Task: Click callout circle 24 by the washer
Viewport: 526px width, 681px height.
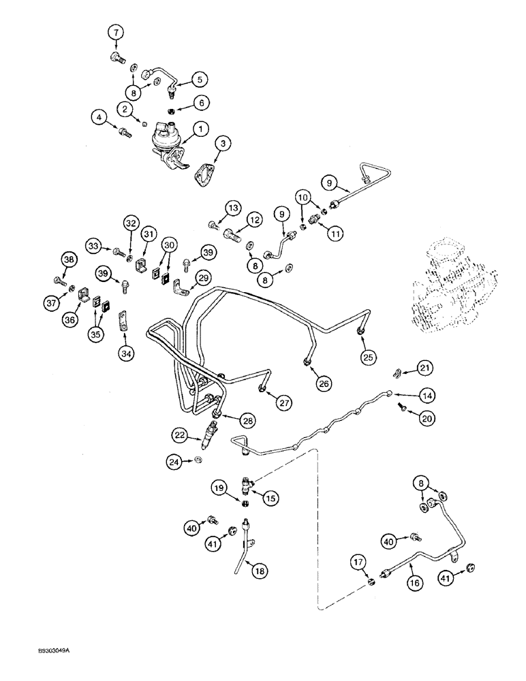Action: (x=174, y=462)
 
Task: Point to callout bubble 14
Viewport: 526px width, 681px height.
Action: (x=427, y=394)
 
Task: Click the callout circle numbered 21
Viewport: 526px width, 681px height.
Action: (x=425, y=368)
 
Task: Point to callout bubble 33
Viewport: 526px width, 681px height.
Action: (x=95, y=244)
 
